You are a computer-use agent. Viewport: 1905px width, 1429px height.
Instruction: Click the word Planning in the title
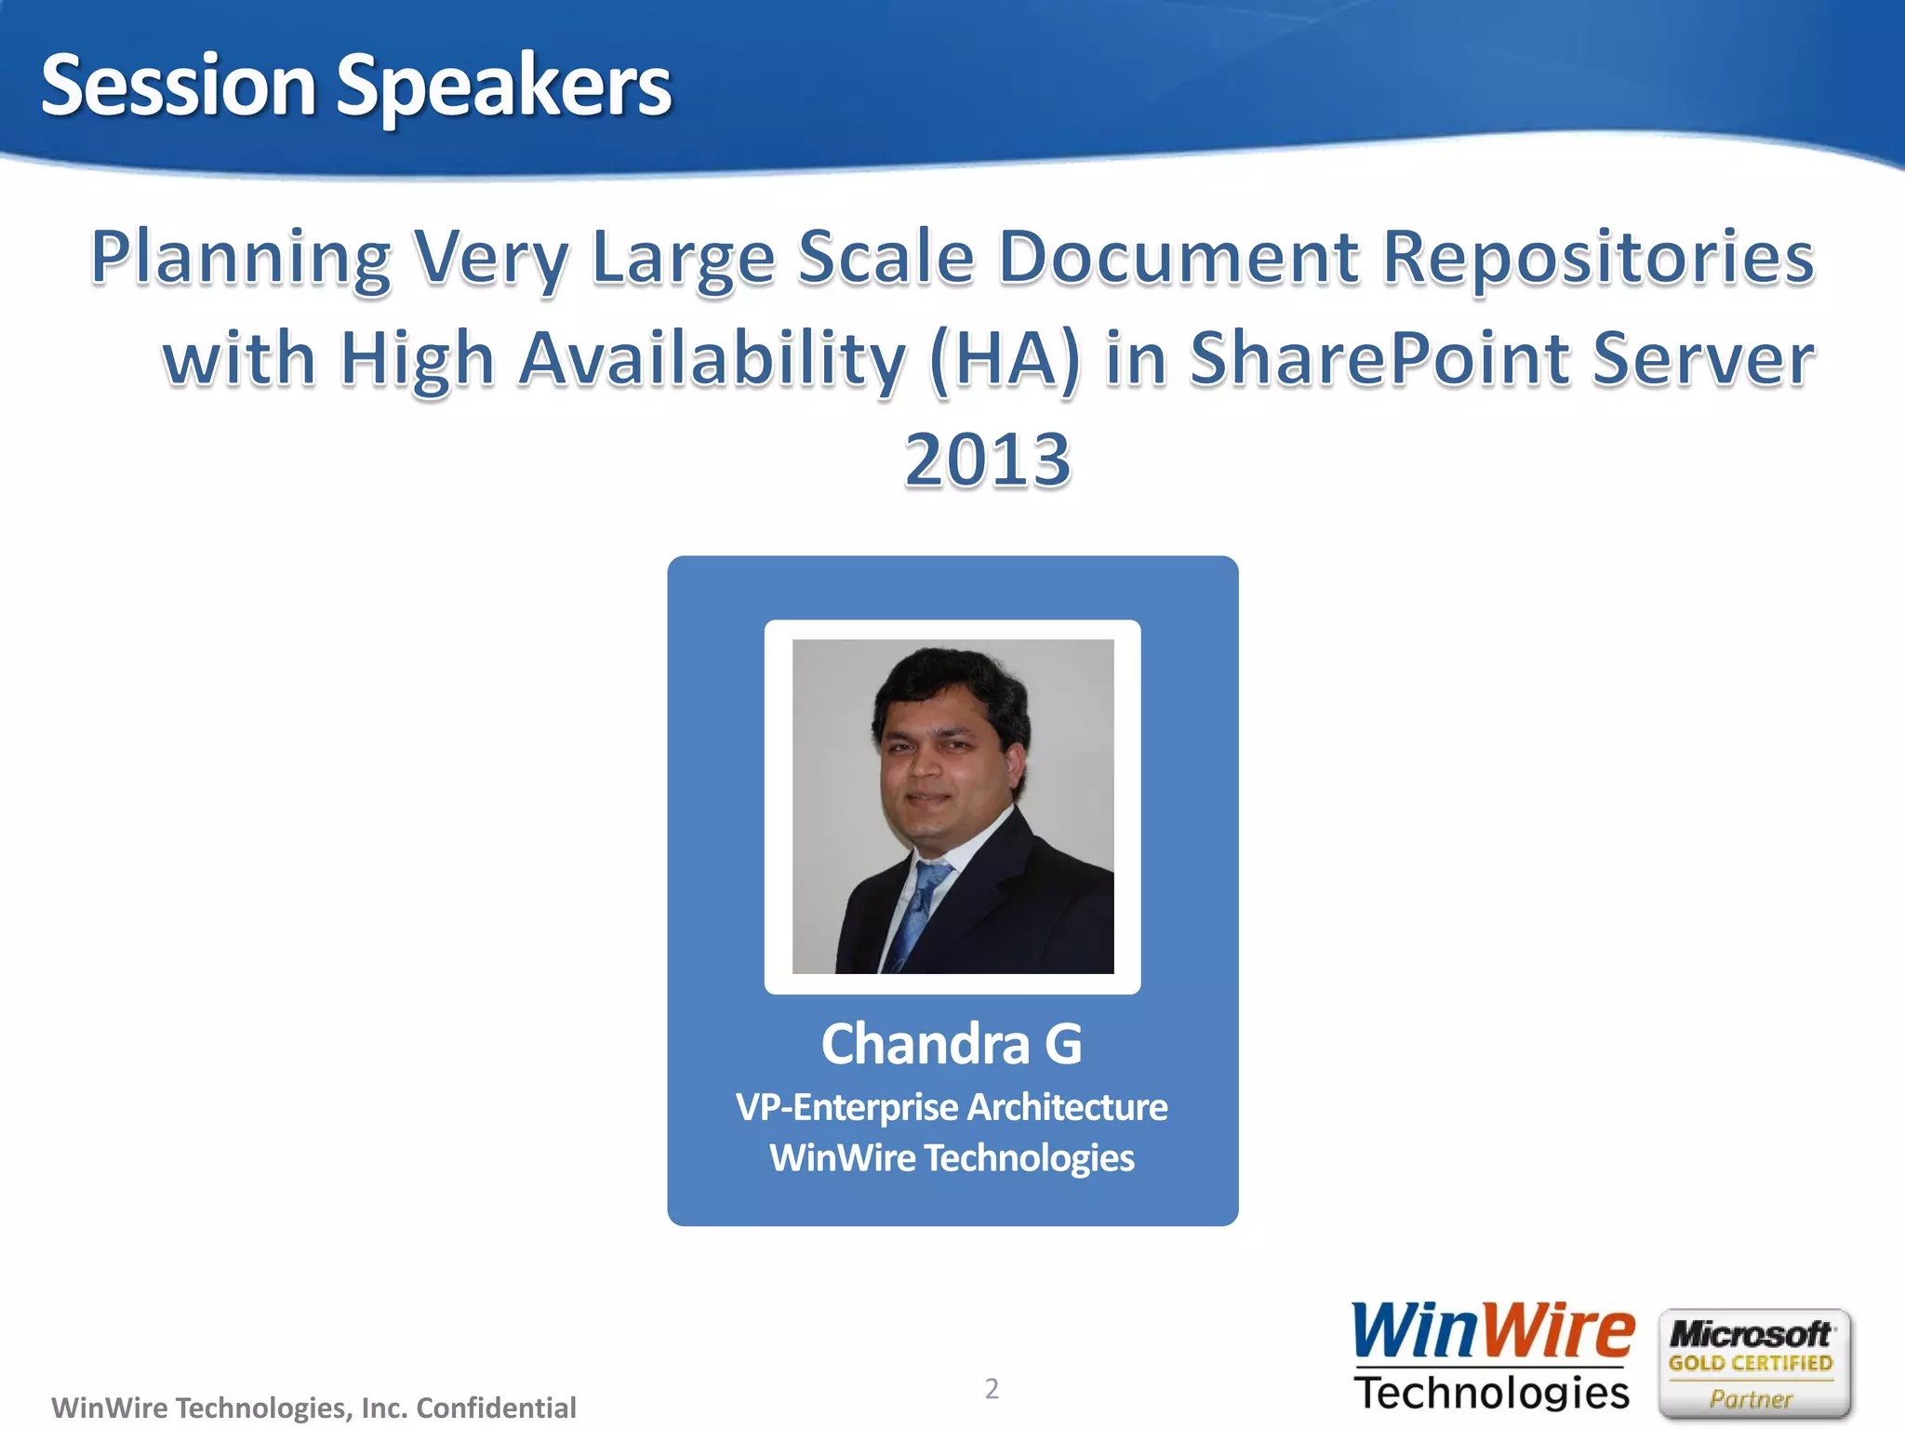241,259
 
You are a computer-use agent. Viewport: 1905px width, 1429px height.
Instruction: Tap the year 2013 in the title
988,460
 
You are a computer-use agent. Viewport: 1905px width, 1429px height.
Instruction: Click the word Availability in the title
712,360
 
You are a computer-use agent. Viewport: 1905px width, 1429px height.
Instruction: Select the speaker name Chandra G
952,1044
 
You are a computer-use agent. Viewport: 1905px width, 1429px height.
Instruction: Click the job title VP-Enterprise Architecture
952,1107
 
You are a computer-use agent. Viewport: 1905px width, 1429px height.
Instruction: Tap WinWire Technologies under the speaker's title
952,1158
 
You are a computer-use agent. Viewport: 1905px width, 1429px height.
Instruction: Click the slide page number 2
992,1388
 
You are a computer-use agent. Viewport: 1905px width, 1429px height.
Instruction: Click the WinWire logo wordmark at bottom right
1492,1331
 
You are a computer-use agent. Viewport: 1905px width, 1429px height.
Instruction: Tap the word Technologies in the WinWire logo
1492,1393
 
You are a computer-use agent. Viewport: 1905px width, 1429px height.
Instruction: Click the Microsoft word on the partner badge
1751,1334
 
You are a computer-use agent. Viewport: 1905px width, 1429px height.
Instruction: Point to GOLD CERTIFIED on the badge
1751,1363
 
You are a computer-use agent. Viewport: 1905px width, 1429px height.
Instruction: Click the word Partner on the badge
1751,1398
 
